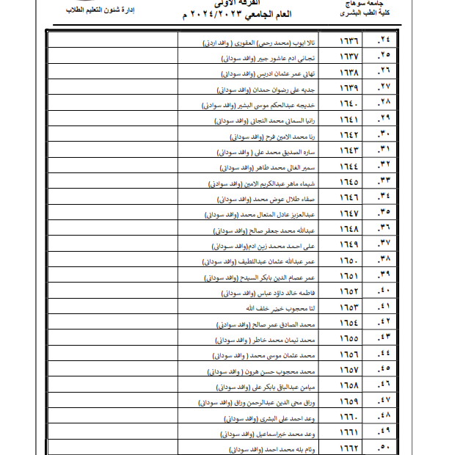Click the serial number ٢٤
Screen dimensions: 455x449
384,41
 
